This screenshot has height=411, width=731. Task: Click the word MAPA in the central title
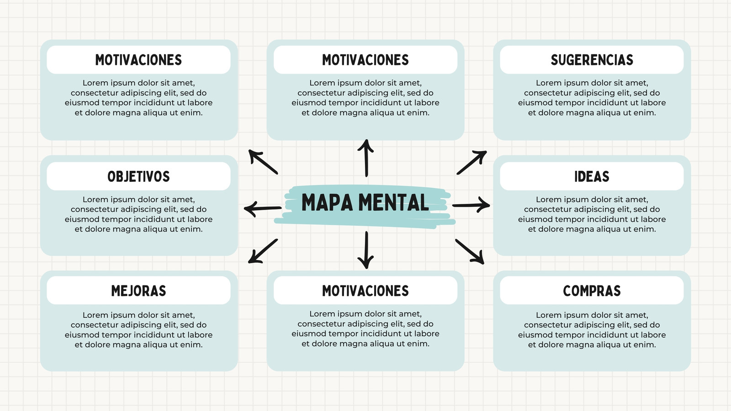(327, 202)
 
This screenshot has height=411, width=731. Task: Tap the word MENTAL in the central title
(393, 202)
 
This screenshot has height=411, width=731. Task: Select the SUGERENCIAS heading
(592, 60)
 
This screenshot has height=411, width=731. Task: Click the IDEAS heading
(592, 176)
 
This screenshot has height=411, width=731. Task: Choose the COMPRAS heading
(592, 291)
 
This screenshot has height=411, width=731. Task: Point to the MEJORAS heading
(139, 291)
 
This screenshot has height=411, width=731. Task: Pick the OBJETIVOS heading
(139, 176)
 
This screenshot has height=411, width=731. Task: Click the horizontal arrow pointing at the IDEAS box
(471, 205)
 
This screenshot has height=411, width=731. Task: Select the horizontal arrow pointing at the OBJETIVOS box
(263, 208)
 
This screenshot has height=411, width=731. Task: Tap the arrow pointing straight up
(366, 158)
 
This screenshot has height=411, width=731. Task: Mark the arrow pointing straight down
(366, 250)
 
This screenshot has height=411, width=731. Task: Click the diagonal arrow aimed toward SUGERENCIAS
(472, 163)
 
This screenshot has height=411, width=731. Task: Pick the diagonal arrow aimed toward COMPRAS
(470, 252)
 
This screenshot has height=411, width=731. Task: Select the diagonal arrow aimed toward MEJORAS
(263, 251)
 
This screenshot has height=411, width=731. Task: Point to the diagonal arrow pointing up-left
(263, 162)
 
